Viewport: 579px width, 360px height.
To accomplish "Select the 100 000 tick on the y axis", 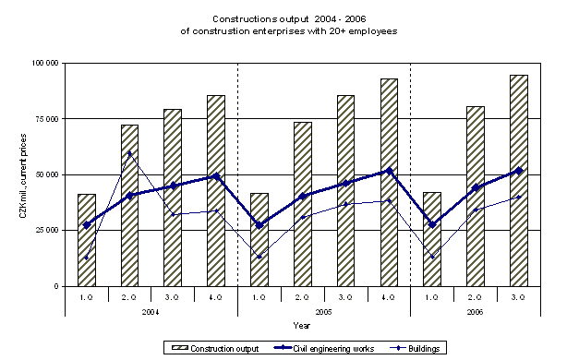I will [43, 63].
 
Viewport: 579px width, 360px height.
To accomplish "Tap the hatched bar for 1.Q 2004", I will [87, 240].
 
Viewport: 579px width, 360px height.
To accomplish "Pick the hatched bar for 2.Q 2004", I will [129, 205].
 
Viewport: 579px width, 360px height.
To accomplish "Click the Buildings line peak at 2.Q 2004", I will [129, 153].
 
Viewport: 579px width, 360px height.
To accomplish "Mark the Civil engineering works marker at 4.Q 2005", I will [389, 171].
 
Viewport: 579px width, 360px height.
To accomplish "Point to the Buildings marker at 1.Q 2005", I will [259, 257].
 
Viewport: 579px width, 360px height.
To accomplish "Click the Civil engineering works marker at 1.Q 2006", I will [432, 224].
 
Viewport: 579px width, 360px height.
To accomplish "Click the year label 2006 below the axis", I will [475, 311].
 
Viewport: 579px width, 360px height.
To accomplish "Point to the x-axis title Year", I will [302, 325].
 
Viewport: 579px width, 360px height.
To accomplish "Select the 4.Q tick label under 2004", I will [216, 297].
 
